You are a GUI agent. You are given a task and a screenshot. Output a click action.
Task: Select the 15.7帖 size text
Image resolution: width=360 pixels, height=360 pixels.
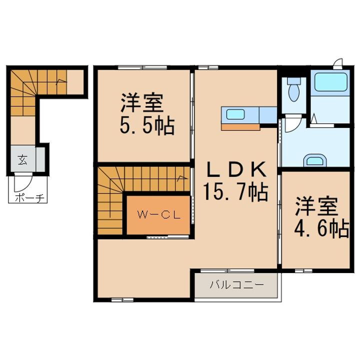tap(234, 190)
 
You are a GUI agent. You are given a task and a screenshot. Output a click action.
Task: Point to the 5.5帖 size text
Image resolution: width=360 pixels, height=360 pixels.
tap(146, 125)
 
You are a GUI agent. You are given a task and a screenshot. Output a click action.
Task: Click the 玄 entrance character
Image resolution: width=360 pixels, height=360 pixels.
tap(23, 160)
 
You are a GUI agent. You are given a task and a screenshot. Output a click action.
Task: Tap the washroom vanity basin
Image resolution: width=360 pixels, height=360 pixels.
tap(315, 160)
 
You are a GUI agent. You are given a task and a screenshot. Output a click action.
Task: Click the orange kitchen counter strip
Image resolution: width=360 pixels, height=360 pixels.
tap(240, 126)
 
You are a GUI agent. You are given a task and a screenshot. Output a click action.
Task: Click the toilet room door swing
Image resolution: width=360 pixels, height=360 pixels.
tap(295, 122)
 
